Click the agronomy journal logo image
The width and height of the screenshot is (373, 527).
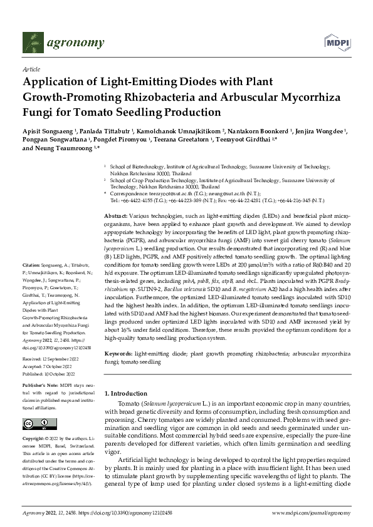pyautogui.click(x=63, y=43)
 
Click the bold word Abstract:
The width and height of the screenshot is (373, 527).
pyautogui.click(x=116, y=215)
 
